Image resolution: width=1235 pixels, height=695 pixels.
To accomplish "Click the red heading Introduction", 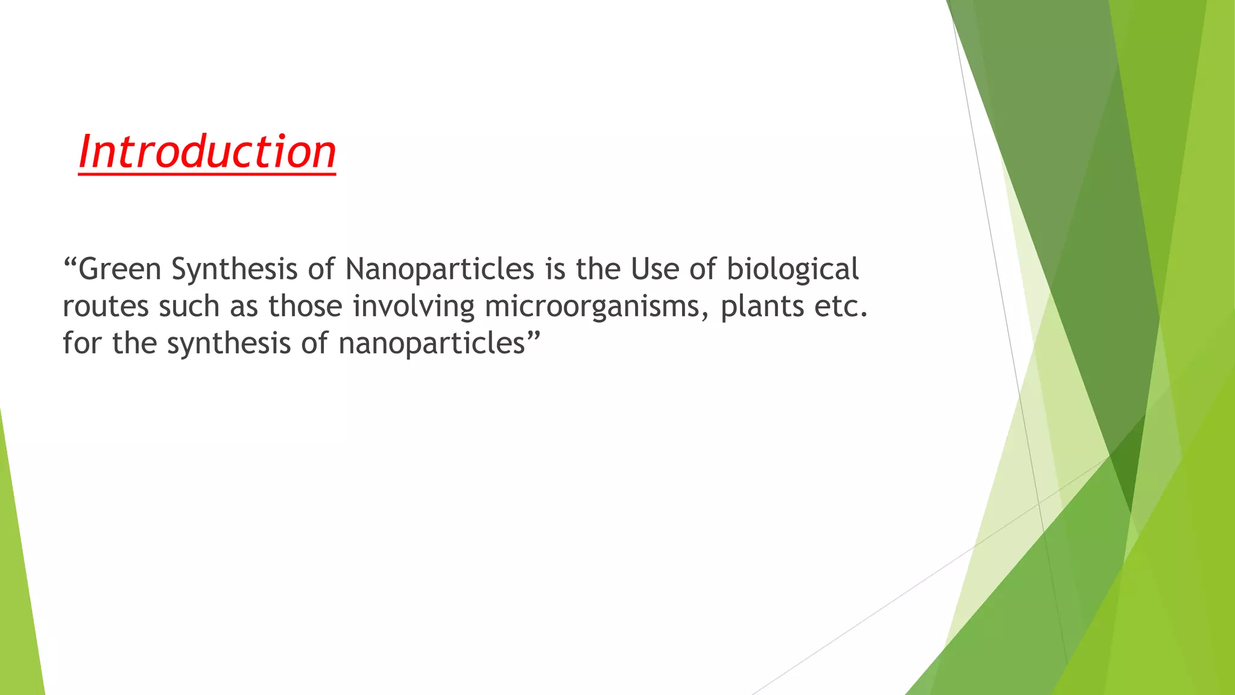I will click(207, 151).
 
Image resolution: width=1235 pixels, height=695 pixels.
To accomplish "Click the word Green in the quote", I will click(120, 269).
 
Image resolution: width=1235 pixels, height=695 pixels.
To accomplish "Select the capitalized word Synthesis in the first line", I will click(234, 269).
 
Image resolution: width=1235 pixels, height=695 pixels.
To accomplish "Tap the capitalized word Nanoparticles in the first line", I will click(440, 269).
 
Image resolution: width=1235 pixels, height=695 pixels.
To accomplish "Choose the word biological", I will click(792, 270).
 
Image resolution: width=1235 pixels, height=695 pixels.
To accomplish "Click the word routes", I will click(106, 306).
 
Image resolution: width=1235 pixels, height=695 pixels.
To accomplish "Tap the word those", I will click(306, 306).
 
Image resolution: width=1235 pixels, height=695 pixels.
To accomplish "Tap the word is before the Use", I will click(555, 269).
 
